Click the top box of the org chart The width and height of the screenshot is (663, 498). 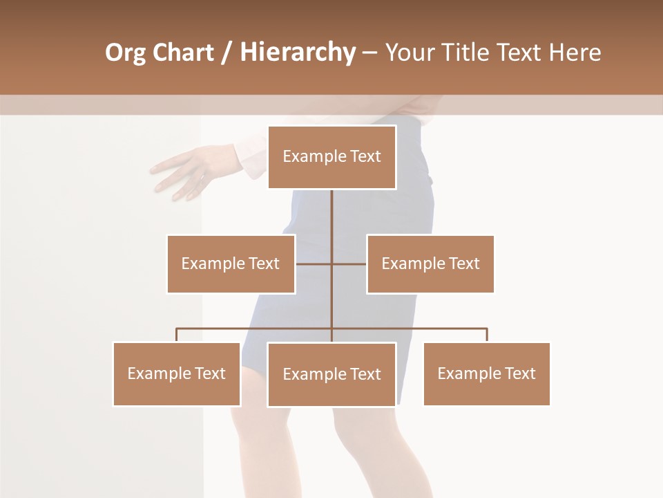tap(331, 157)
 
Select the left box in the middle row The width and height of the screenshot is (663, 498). tap(231, 264)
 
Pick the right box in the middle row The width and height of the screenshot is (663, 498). tap(430, 264)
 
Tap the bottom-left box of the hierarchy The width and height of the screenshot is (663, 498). tap(177, 373)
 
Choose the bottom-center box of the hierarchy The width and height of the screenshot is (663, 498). tap(331, 374)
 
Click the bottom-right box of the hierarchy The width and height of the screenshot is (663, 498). tap(486, 373)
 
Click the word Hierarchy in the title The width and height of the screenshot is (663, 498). tap(297, 53)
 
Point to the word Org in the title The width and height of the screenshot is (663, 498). tap(125, 53)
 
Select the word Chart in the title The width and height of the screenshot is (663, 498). tap(182, 53)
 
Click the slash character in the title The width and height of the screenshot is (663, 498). tap(226, 53)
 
